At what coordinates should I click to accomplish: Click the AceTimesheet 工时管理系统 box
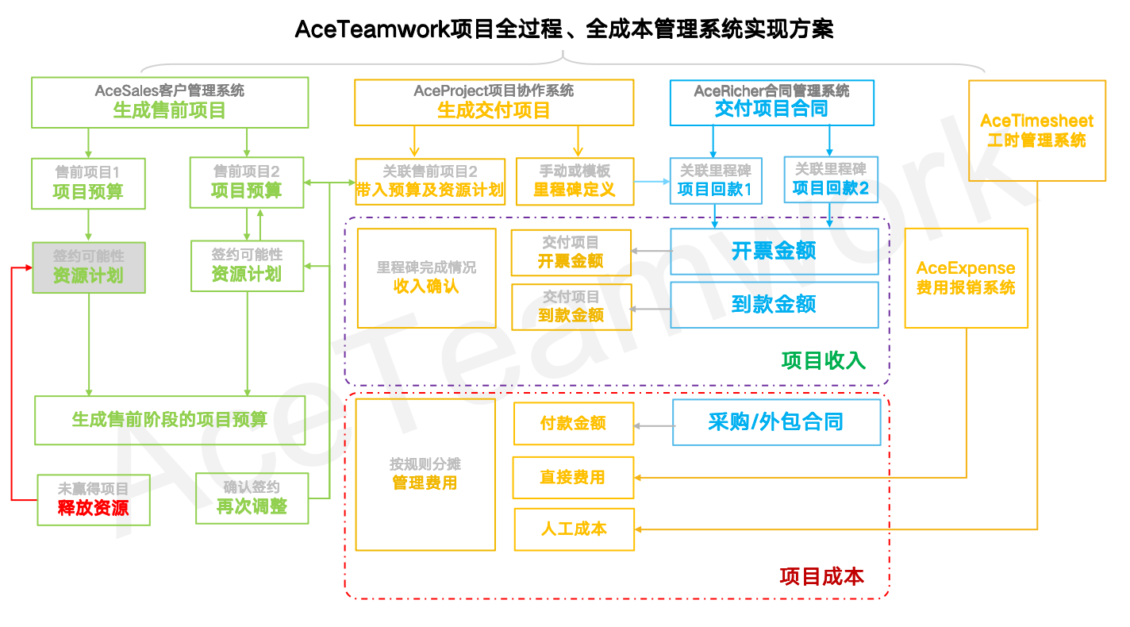click(1037, 131)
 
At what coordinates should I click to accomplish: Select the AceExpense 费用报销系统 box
click(966, 278)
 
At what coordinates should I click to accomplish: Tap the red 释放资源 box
click(94, 499)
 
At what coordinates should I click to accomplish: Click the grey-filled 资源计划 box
click(89, 267)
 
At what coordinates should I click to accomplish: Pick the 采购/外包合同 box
click(776, 422)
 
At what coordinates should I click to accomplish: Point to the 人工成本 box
click(574, 529)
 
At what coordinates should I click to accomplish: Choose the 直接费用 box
click(573, 478)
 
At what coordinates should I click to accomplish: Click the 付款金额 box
click(573, 424)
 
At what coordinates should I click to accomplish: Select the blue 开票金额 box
click(774, 252)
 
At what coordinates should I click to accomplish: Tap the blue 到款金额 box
click(774, 305)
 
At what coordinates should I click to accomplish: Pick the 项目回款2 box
click(831, 179)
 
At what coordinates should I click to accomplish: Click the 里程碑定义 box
click(575, 181)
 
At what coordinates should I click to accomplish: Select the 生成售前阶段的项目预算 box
click(170, 420)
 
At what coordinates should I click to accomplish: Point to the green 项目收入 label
click(823, 360)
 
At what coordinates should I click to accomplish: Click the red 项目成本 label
click(821, 576)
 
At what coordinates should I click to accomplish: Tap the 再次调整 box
click(252, 498)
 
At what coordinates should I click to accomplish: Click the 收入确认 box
click(426, 278)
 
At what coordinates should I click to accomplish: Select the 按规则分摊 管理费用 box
click(425, 474)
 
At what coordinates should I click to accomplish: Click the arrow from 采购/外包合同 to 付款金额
click(653, 426)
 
